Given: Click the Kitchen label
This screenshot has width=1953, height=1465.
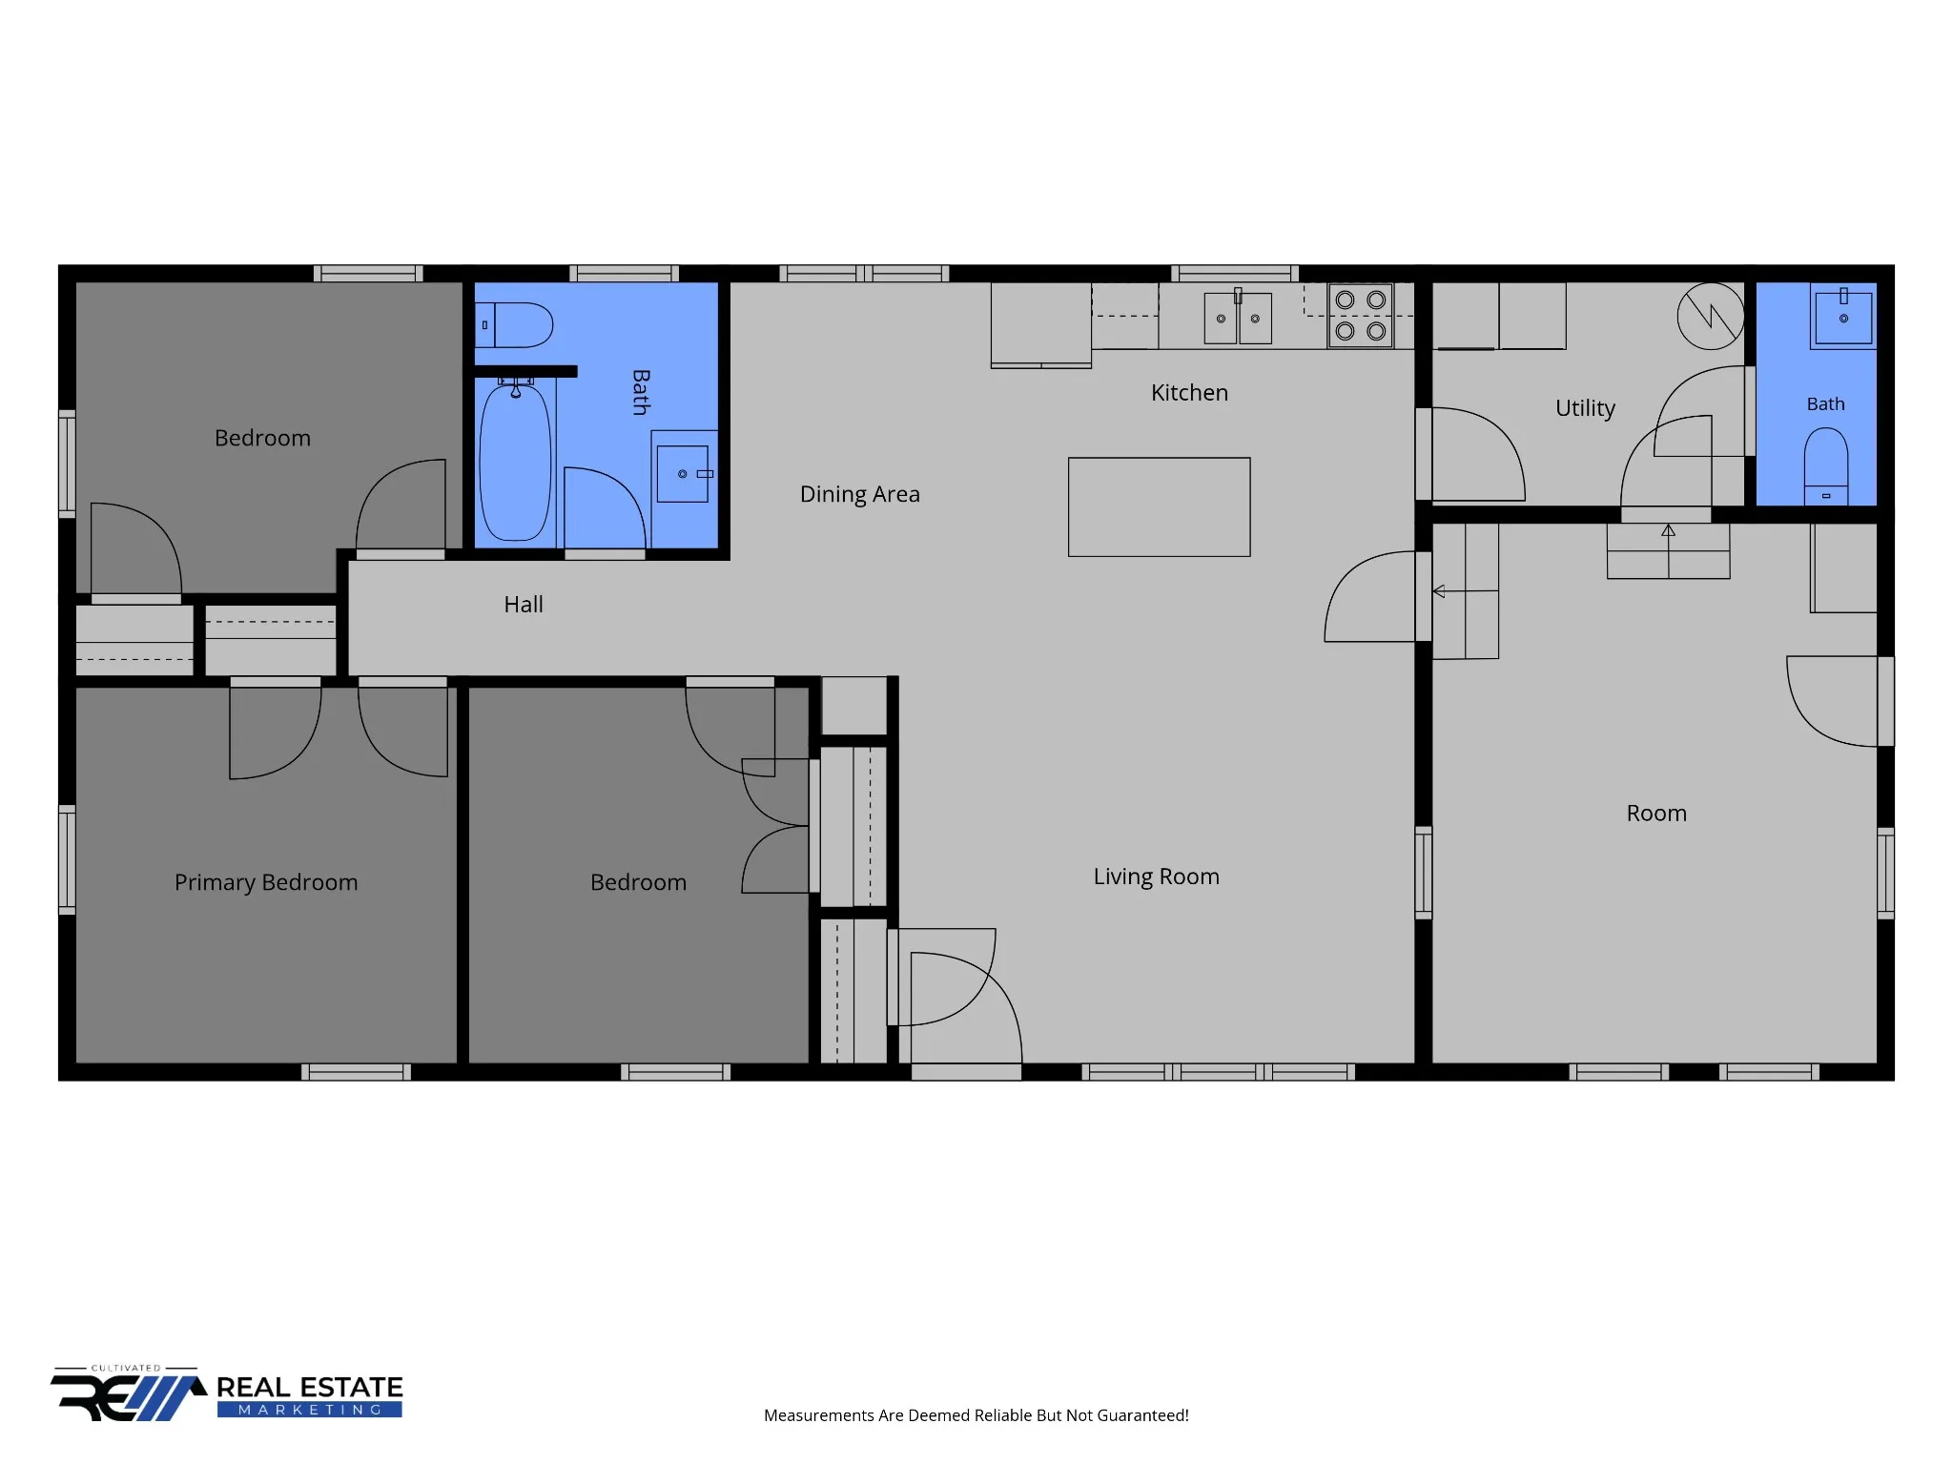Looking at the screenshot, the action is click(1189, 392).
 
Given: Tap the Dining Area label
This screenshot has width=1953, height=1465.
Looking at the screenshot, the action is click(859, 494).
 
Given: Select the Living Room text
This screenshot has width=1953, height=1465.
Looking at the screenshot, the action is click(1156, 877).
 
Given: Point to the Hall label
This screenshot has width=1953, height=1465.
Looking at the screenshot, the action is click(524, 604).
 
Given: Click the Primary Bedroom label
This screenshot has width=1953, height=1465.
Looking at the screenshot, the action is click(266, 882).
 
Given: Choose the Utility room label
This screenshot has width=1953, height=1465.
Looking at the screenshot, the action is click(1585, 408).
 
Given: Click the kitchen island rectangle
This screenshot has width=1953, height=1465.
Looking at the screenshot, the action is click(1159, 506).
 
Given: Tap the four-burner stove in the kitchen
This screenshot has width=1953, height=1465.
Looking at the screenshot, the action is click(1361, 316).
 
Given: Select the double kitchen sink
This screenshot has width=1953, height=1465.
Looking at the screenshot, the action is click(1238, 318).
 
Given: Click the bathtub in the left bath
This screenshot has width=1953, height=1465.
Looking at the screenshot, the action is click(515, 462).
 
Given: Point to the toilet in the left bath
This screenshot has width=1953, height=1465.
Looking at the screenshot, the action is click(514, 325).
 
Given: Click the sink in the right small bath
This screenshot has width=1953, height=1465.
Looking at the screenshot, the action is click(1843, 317).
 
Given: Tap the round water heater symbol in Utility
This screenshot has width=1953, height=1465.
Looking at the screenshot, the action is click(1711, 316).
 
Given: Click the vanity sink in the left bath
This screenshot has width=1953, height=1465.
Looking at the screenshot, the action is click(683, 473).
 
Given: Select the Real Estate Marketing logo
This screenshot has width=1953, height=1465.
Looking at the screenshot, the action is click(227, 1394).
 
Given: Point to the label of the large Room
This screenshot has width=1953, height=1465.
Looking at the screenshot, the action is click(1656, 814).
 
